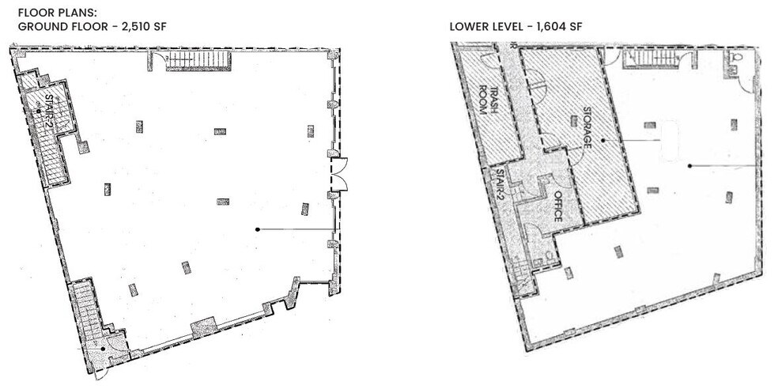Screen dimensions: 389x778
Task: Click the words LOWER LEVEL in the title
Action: (484, 26)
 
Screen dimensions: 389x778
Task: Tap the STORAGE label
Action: (587, 127)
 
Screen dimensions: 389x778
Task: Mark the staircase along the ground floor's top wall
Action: (198, 60)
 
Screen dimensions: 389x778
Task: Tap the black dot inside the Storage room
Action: (602, 140)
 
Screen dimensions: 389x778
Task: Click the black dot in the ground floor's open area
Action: (258, 229)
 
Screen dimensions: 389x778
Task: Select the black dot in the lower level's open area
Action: (689, 165)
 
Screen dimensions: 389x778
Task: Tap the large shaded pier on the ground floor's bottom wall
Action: (203, 326)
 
